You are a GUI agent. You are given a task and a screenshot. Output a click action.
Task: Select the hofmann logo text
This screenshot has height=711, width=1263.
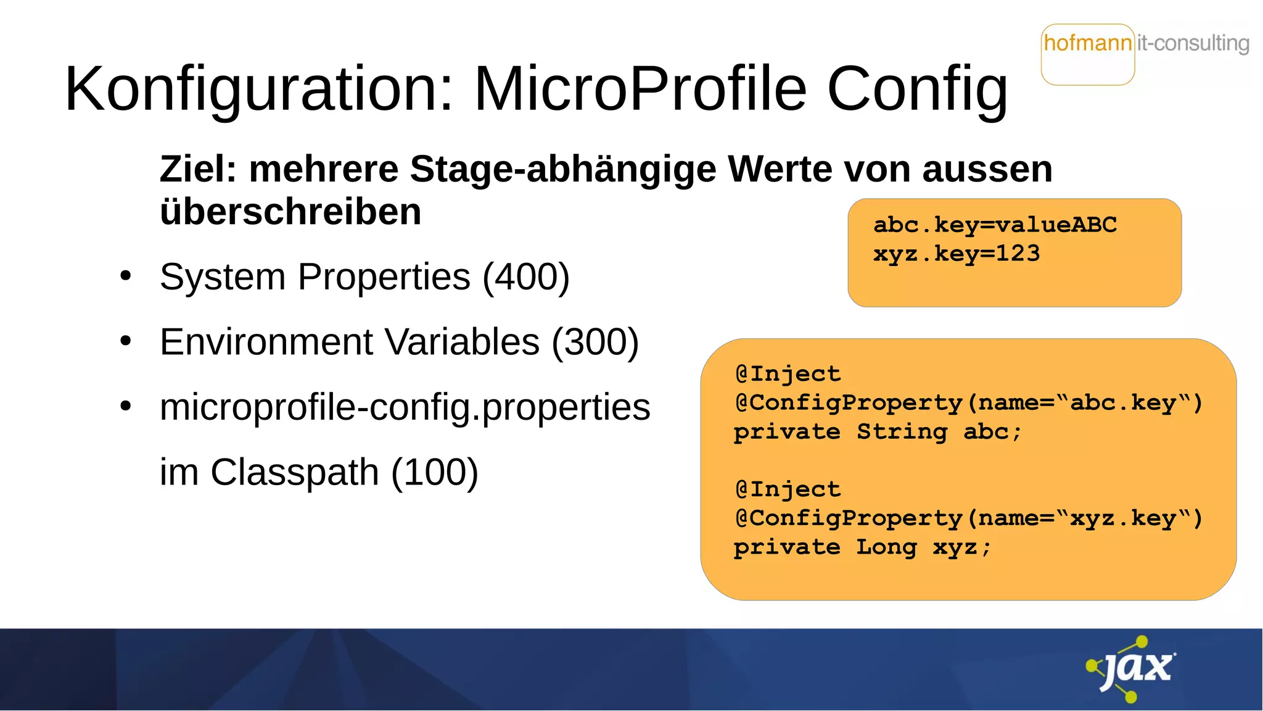point(1088,43)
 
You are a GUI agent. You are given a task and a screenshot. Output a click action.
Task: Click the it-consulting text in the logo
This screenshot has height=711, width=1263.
point(1193,43)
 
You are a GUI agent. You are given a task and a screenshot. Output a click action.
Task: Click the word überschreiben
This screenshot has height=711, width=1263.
point(290,212)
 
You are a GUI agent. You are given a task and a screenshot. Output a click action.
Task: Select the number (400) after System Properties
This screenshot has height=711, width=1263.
point(526,276)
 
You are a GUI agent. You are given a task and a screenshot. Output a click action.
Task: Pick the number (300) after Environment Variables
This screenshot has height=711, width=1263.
point(595,342)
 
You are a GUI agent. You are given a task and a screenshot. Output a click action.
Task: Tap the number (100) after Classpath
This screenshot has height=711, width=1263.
point(435,472)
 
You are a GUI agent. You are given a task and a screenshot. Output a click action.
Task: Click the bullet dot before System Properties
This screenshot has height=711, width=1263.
point(126,276)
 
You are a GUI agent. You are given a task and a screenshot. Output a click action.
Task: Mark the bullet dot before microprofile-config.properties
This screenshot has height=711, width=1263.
point(126,407)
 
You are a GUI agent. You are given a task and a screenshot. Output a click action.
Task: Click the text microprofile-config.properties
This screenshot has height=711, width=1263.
point(405,407)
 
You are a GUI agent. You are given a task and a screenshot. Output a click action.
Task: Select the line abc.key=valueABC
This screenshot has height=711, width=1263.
point(995,225)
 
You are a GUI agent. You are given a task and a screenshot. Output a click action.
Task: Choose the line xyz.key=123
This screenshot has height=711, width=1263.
point(957,254)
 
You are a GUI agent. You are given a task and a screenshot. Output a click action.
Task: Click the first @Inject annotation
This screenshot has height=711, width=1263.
point(788,373)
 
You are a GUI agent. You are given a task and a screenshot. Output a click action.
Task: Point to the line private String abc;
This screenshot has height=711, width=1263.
point(878,431)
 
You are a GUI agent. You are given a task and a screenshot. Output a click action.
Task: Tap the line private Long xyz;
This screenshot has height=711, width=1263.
point(862,547)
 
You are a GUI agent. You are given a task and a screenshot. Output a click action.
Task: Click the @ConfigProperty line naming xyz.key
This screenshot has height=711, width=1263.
point(968,518)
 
